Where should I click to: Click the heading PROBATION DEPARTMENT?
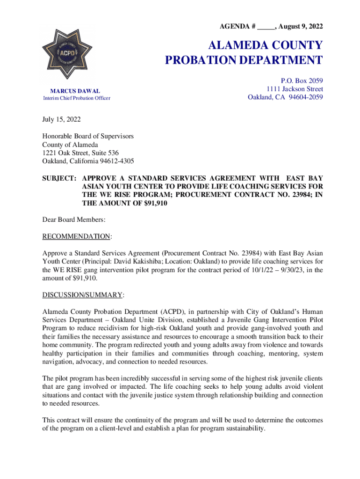pyautogui.click(x=244, y=60)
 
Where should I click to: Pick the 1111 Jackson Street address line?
pyautogui.click(x=295, y=89)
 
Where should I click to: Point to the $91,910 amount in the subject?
pyautogui.click(x=152, y=203)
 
